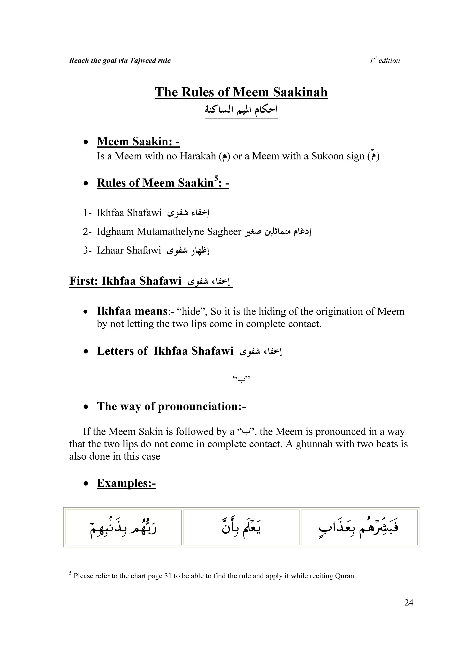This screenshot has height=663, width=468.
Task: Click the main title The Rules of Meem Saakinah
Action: pos(241,92)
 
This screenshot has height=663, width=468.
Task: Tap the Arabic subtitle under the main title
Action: pos(241,110)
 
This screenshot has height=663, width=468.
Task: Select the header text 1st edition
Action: pos(385,60)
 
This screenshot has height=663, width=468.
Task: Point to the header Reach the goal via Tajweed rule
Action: pos(120,60)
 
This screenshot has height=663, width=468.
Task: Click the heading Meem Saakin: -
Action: pos(138,141)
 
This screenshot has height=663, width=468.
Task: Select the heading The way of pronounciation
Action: pos(171,406)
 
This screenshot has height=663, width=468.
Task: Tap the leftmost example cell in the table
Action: pos(123,527)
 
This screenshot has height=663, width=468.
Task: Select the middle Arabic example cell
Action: pos(241,527)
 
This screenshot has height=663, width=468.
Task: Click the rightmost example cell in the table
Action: pos(359,527)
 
